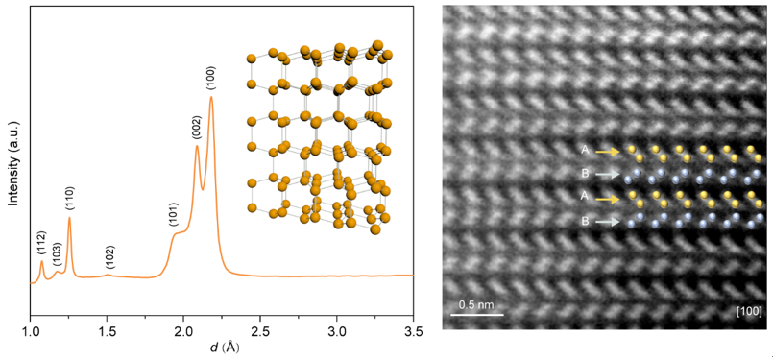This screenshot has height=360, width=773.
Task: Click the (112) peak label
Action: [42, 244]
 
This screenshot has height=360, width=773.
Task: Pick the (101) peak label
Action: [174, 215]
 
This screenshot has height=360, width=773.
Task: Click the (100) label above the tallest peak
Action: [211, 79]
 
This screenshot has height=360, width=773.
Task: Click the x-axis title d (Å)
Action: [223, 348]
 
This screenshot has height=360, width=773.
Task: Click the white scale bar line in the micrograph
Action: [477, 314]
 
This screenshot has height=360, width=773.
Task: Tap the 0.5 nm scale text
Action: [476, 304]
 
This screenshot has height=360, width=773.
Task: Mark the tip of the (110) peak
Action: [69, 218]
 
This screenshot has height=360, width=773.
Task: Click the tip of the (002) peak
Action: [197, 146]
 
